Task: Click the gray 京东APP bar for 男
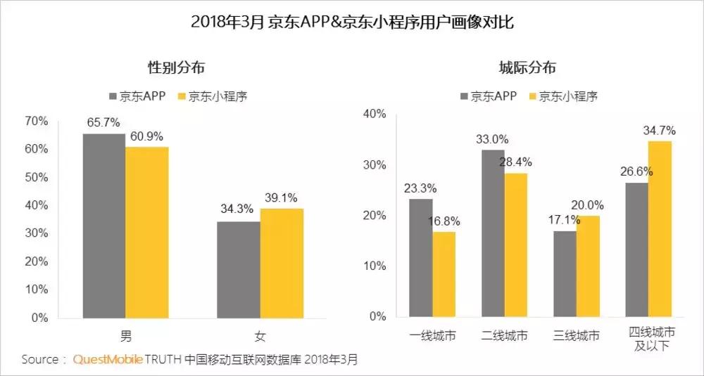click(104, 226)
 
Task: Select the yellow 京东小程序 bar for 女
click(282, 263)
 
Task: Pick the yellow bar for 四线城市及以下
click(660, 229)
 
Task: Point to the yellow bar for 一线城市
click(444, 274)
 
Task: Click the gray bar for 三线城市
click(565, 274)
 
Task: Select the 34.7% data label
click(659, 130)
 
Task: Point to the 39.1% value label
click(282, 198)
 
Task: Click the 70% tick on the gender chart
click(37, 121)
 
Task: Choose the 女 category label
click(260, 335)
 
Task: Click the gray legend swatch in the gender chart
click(115, 96)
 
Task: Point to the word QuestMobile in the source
click(108, 359)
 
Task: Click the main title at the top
click(352, 22)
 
